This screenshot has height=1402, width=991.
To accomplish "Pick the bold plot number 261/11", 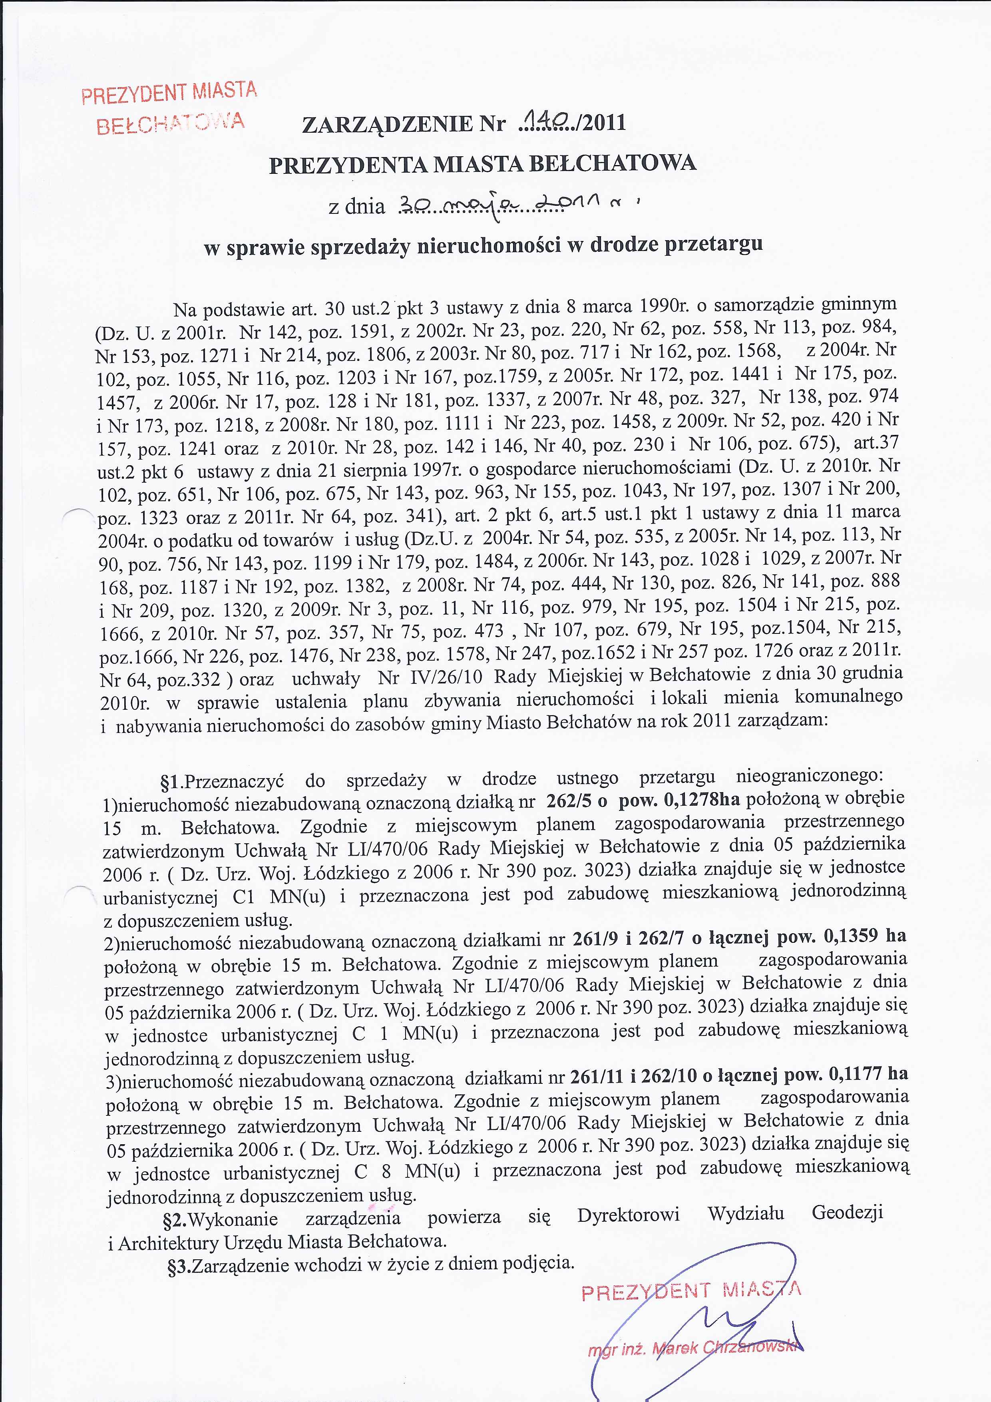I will tap(596, 1077).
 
